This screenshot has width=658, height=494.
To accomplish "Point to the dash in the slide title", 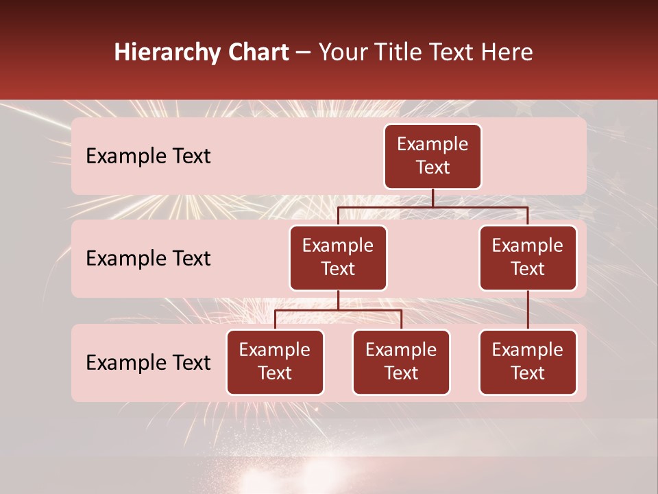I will click(x=304, y=53).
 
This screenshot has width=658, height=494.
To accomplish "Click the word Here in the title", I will click(x=507, y=53).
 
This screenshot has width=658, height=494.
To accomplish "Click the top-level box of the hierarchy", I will click(x=432, y=156).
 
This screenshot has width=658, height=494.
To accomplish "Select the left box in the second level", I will click(x=338, y=257).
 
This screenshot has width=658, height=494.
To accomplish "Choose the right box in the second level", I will click(x=528, y=257).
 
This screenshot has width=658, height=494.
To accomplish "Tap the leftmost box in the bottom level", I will click(x=275, y=362).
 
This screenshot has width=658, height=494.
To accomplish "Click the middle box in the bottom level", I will click(x=401, y=362).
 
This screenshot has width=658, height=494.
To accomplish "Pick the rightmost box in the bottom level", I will click(x=528, y=362).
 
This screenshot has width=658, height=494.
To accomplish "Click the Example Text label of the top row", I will click(x=148, y=156).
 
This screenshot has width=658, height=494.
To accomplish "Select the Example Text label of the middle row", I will click(x=148, y=258).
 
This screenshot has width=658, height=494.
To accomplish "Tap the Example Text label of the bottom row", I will click(x=148, y=362).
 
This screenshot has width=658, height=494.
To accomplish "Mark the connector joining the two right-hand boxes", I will click(x=528, y=310).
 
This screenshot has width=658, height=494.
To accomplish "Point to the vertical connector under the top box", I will click(x=432, y=198).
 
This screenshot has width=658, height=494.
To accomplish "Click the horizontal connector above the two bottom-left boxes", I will click(x=338, y=310).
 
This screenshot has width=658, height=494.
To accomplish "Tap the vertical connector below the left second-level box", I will click(x=338, y=300).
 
